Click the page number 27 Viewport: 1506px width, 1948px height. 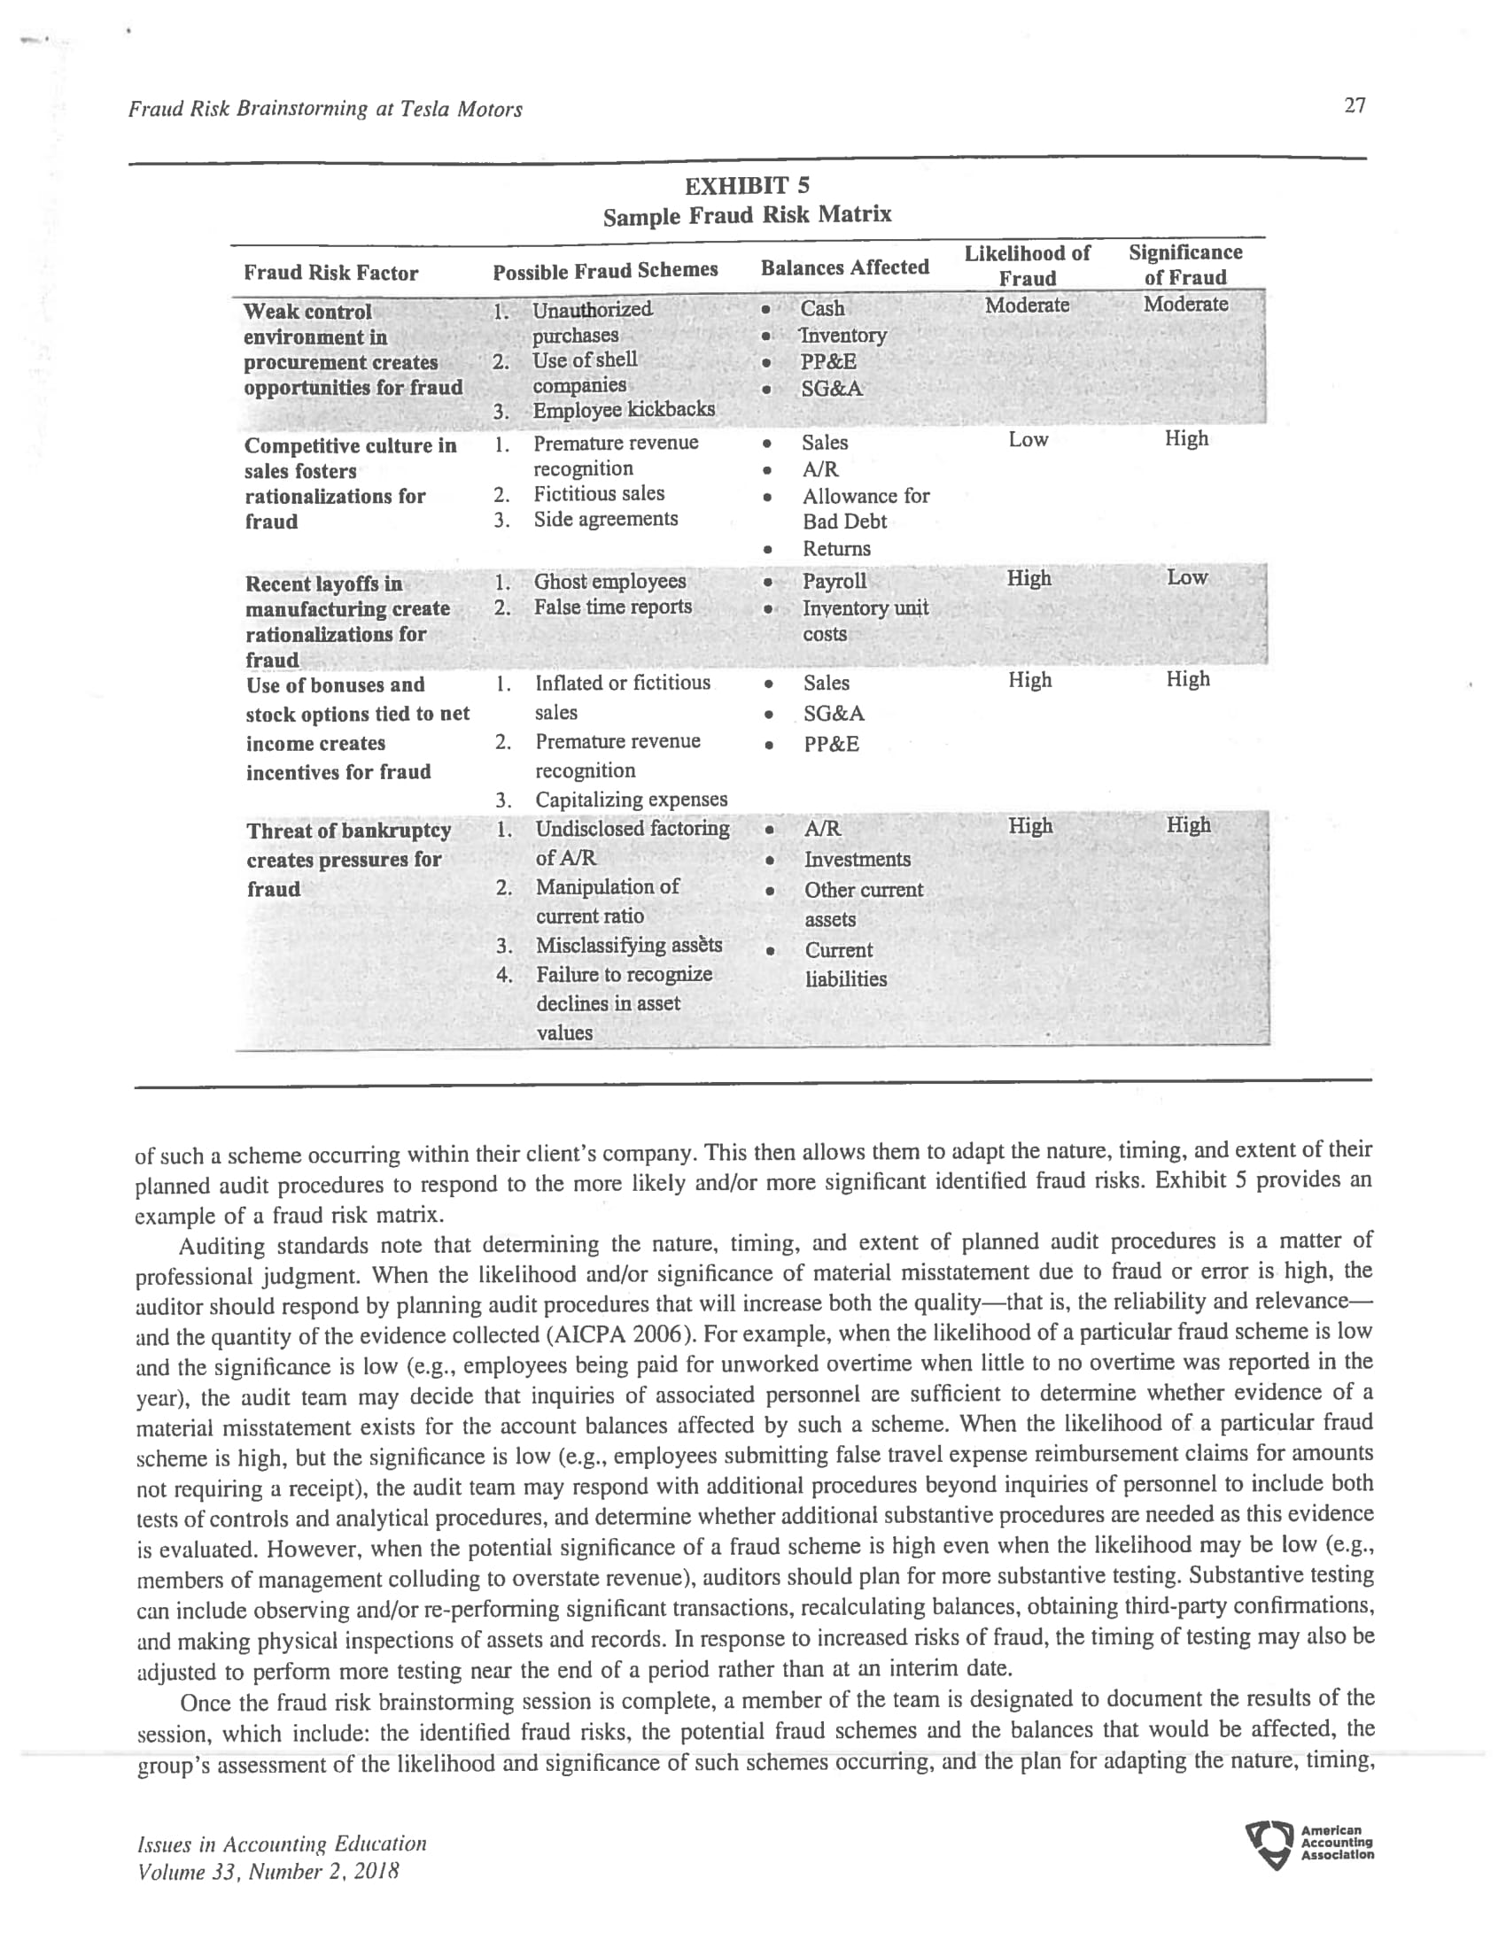[x=1355, y=106]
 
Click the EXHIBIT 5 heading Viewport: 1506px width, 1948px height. [x=747, y=186]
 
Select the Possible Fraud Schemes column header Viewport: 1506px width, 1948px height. [x=605, y=270]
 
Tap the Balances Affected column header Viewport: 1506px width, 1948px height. [x=844, y=267]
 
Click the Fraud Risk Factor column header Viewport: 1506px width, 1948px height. [x=330, y=273]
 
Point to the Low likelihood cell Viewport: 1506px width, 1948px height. [x=1028, y=440]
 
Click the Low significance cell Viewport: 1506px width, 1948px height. [x=1186, y=578]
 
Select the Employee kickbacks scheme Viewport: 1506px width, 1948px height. [x=623, y=409]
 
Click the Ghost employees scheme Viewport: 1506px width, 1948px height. [x=609, y=582]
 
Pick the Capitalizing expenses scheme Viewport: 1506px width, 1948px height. [x=631, y=800]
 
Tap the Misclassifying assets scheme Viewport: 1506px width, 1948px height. [x=628, y=946]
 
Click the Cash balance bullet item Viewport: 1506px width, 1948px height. [x=822, y=309]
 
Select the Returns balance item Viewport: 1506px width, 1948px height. [x=836, y=549]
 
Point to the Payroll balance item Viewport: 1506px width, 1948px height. [x=835, y=582]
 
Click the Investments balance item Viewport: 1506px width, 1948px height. [x=857, y=859]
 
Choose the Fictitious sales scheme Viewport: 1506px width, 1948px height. [x=599, y=494]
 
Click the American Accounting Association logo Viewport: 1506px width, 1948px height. [x=1308, y=1844]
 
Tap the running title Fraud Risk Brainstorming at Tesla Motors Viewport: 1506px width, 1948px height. [x=325, y=110]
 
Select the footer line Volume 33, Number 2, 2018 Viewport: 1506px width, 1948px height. [x=268, y=1871]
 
